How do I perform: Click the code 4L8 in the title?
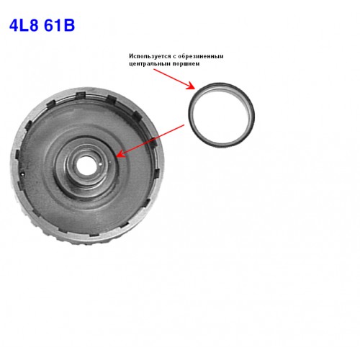(24, 25)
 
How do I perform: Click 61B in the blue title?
(60, 25)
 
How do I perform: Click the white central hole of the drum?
(85, 165)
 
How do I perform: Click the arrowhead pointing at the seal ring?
(191, 86)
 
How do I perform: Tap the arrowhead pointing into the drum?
(121, 153)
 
